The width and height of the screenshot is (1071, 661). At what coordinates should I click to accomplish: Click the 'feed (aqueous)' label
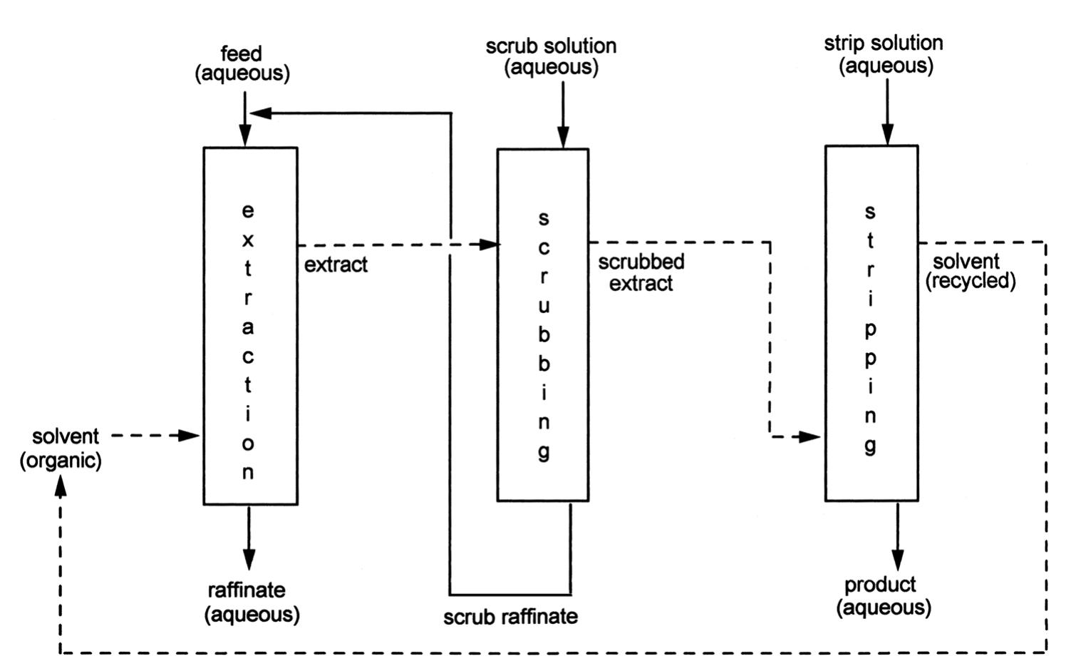242,63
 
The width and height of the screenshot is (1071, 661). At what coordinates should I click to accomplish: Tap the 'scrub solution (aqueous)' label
551,56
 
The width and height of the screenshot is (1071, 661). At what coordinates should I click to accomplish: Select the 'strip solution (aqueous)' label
884,54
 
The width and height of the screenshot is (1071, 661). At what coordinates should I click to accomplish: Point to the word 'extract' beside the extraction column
336,265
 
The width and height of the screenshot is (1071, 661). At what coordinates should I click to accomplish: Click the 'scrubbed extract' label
641,272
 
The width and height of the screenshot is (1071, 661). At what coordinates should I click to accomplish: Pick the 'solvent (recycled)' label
970,271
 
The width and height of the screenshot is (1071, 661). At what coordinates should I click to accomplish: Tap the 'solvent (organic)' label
61,449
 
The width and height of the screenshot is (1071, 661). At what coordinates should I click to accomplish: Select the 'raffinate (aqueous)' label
252,602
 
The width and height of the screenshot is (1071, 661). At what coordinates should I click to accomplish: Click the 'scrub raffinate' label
510,616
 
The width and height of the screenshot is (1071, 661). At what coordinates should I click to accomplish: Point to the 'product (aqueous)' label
884,596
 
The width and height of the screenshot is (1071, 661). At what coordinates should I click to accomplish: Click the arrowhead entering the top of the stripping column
887,135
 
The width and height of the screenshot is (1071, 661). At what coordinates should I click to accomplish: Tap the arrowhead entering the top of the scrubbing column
563,138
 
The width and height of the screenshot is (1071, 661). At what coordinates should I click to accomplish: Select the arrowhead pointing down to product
898,560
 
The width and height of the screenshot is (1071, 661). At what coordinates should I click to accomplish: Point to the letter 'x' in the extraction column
247,240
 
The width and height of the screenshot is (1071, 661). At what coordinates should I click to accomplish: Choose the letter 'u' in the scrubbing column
543,306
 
